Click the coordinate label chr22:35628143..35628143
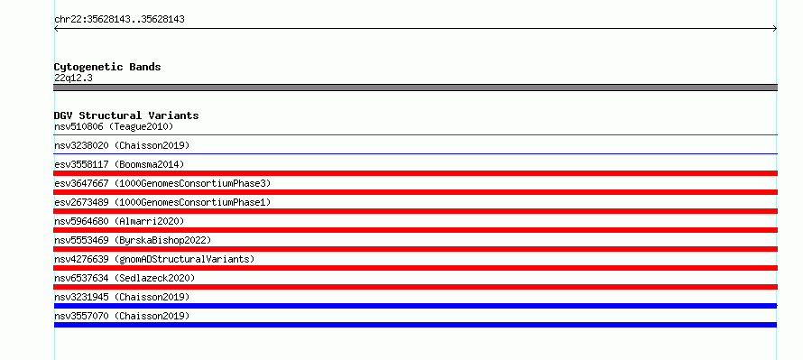[119, 20]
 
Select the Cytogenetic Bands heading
[107, 67]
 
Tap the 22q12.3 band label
[73, 78]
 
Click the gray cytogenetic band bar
[415, 88]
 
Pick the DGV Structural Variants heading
[126, 115]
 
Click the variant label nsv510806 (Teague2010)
[114, 126]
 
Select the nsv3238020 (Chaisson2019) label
[122, 145]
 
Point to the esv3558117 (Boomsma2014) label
[119, 164]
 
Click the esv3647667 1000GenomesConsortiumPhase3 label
[162, 183]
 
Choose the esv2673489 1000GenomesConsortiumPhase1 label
[162, 202]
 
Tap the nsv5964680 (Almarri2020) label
[119, 221]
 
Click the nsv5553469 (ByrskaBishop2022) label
[133, 240]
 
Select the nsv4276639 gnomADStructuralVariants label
[154, 259]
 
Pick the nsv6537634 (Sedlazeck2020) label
[125, 278]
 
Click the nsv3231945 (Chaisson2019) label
[122, 297]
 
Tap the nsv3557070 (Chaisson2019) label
[122, 316]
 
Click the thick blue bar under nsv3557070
[415, 325]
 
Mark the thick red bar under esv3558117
[415, 173]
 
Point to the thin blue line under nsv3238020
[415, 153]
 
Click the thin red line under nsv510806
[415, 134]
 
